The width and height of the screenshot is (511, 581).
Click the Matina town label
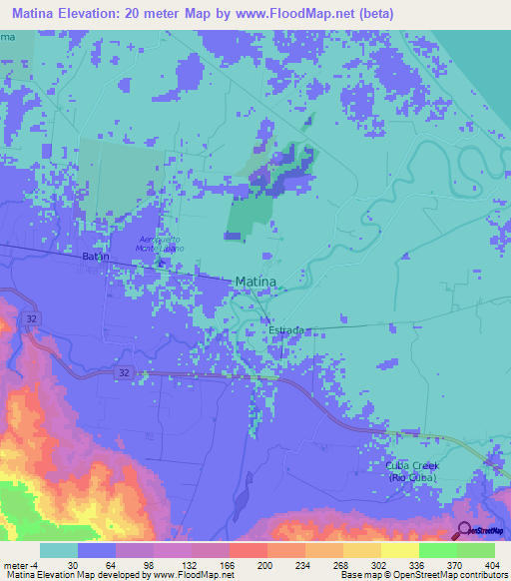click(x=255, y=283)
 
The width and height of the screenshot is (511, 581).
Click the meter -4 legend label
click(x=22, y=564)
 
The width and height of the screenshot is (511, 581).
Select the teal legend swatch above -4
click(x=58, y=550)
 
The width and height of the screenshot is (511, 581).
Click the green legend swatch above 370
click(x=437, y=550)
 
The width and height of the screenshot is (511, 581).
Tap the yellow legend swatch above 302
click(x=361, y=550)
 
